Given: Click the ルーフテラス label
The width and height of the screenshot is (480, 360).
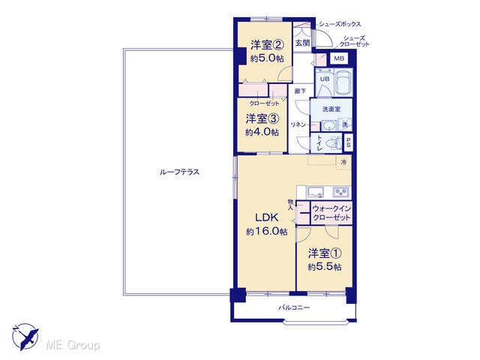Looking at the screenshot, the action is point(179,172).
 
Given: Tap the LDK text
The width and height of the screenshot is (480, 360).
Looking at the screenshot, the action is point(267,217).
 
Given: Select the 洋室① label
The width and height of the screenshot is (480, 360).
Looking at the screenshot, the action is point(325,253).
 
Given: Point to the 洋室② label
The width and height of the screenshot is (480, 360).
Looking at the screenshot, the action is point(267,45).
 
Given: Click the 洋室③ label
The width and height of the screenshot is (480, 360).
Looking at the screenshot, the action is point(262,118).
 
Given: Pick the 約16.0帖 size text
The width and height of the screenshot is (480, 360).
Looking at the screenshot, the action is point(267,232).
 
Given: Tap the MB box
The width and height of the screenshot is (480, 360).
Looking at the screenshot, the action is point(339,58).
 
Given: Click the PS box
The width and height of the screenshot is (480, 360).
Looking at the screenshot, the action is point(348,142).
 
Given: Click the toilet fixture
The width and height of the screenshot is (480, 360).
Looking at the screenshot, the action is point(334,143).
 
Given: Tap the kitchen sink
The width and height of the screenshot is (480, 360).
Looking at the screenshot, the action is point(316,192).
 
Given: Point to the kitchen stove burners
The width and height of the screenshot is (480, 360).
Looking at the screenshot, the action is point(342,192).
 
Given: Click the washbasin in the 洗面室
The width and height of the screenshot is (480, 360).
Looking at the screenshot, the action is point(330,125).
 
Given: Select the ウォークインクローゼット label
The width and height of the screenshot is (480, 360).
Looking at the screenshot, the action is point(331,213).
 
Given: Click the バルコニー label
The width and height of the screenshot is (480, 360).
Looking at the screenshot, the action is point(294,307).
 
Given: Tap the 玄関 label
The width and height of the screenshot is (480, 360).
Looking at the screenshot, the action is point(302,43).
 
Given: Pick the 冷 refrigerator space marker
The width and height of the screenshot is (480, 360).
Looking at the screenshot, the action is point(343,162).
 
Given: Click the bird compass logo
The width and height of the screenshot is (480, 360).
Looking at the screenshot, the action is point(25,337).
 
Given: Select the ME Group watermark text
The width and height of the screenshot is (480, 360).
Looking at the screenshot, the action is point(73,345).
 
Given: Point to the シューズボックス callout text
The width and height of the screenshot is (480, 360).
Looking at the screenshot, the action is point(340,24).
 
